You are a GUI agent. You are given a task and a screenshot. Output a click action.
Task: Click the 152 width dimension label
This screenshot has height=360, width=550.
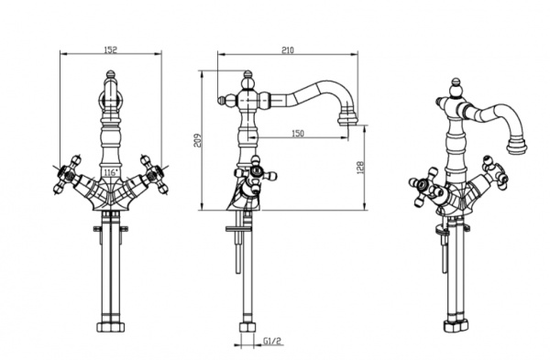click(x=111, y=49)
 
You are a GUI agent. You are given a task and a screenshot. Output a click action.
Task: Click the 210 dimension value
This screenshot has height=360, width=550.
click(x=288, y=50)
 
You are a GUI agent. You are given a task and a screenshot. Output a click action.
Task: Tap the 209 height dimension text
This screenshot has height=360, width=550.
click(x=199, y=140)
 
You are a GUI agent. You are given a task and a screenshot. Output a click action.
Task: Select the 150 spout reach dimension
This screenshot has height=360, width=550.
click(x=298, y=134)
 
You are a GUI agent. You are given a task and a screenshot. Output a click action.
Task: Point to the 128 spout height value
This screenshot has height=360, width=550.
click(x=362, y=168)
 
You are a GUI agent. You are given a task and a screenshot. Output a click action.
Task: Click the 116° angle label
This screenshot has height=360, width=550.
click(x=111, y=172)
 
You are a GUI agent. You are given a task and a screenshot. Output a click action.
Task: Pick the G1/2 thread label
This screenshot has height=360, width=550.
click(x=272, y=341)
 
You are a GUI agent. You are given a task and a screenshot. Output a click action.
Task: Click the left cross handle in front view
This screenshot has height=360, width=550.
click(x=67, y=174)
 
